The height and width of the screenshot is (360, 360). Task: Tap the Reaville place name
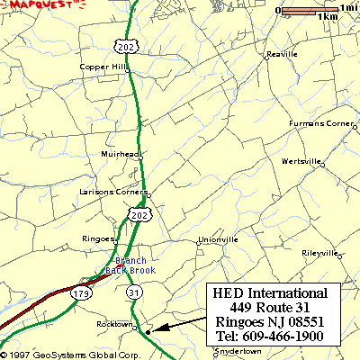[282, 54]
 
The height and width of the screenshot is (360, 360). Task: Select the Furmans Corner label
[321, 123]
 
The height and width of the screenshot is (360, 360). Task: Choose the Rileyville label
[319, 253]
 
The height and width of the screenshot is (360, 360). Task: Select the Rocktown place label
[114, 324]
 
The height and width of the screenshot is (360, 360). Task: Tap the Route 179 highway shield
[81, 292]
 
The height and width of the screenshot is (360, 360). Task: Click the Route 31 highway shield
[134, 293]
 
